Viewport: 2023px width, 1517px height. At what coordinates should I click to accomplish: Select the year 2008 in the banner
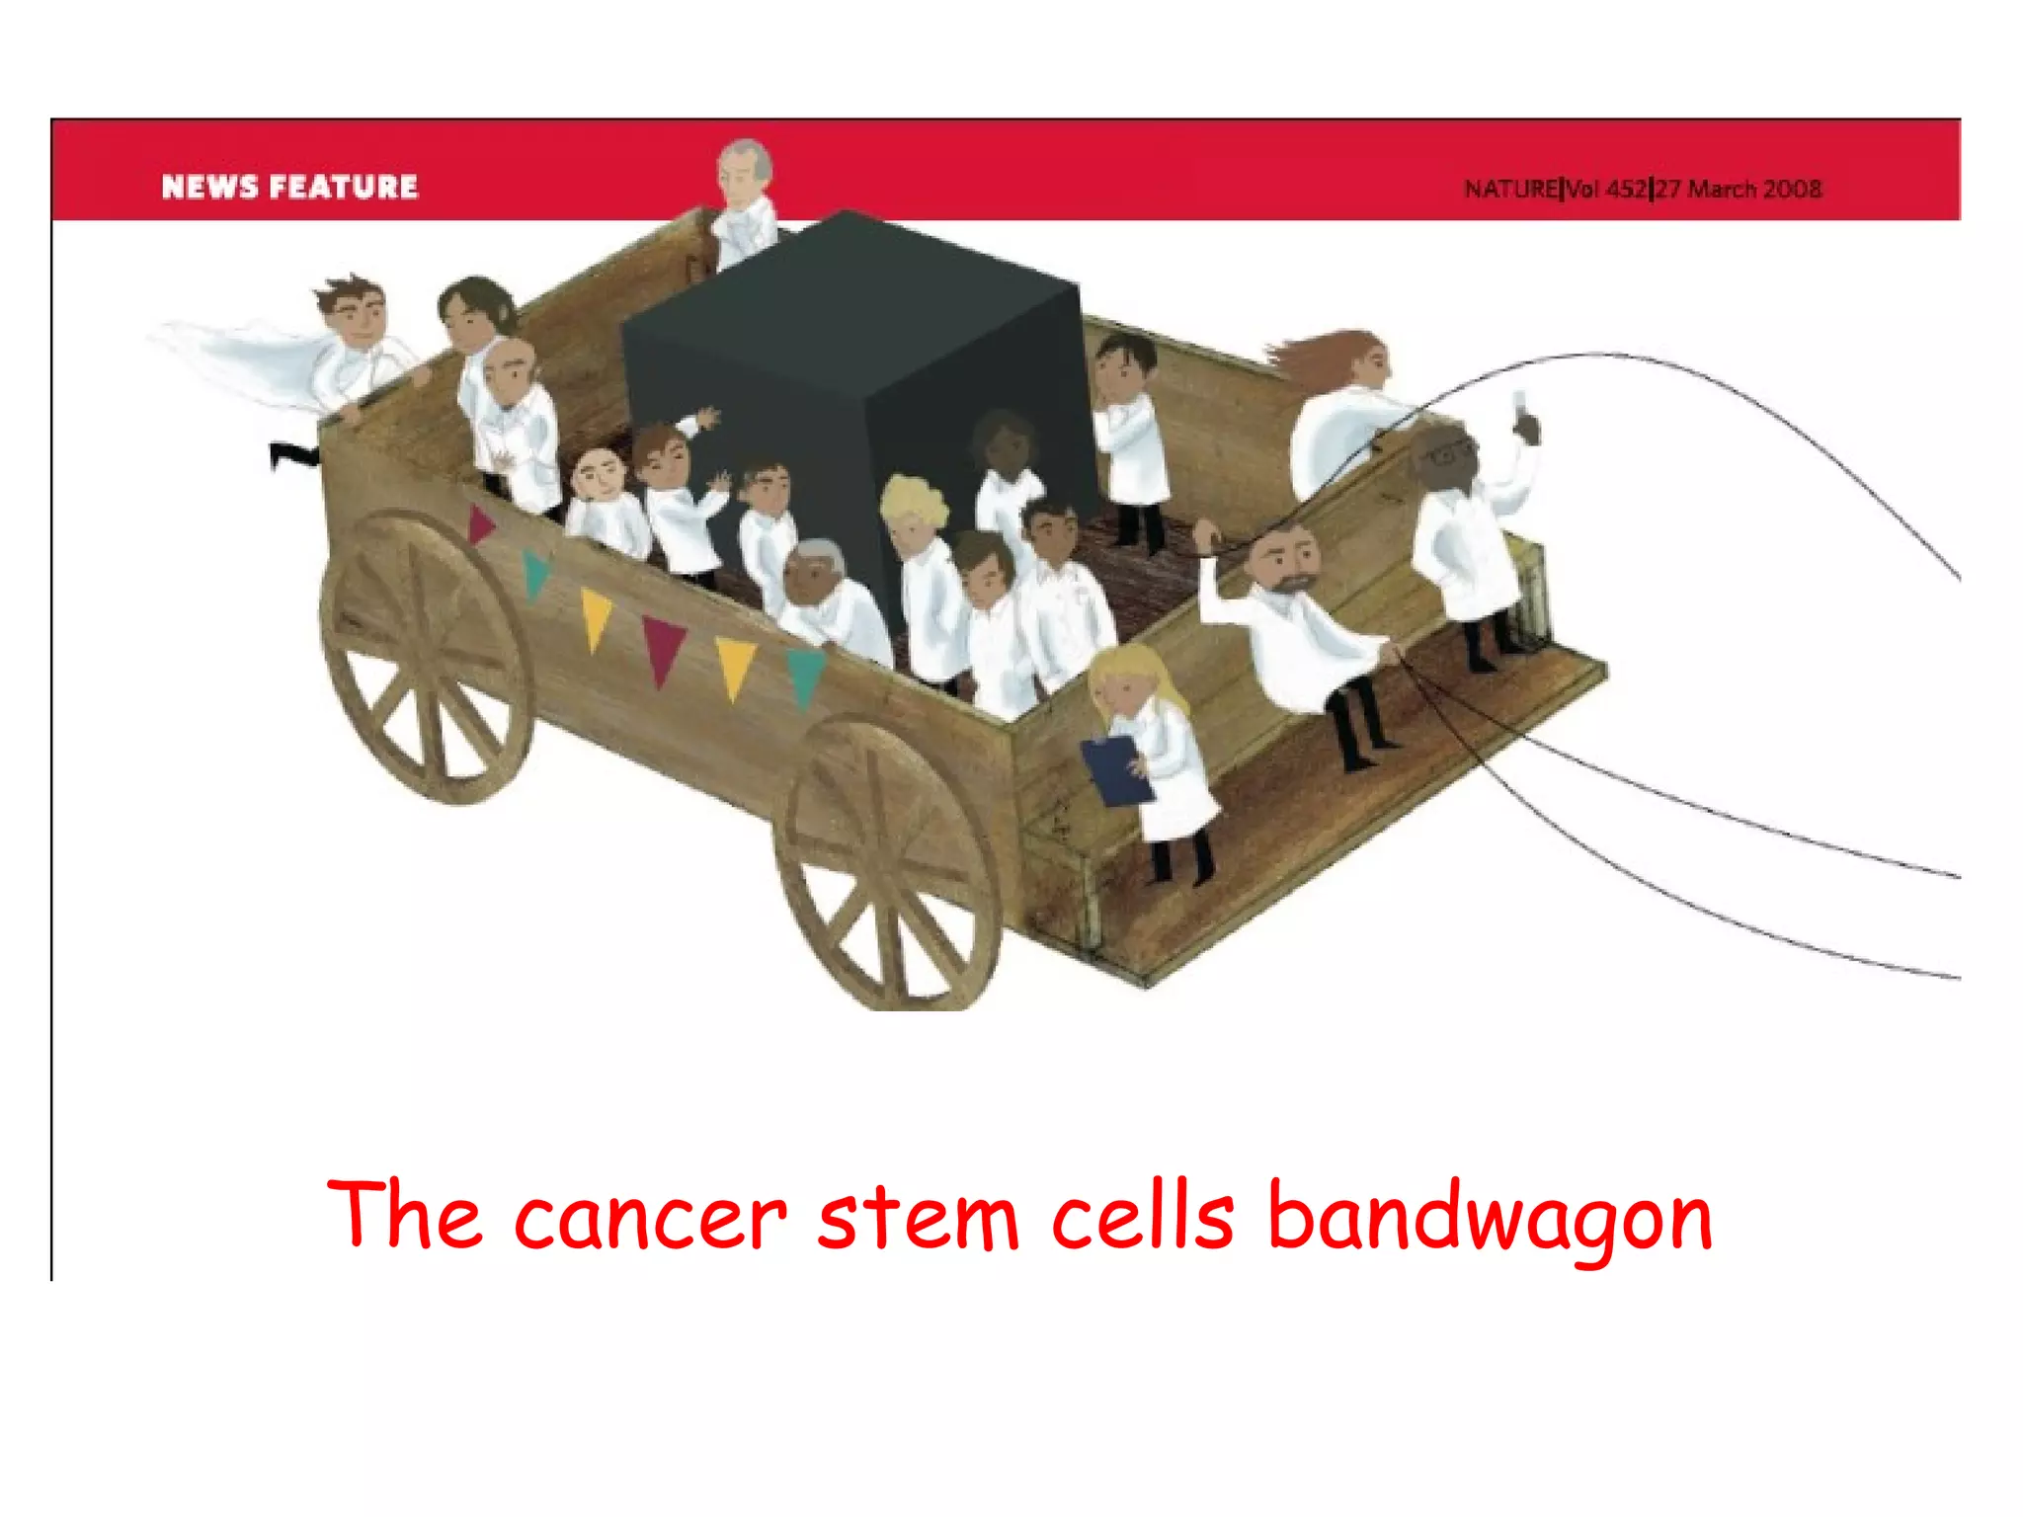tap(1792, 189)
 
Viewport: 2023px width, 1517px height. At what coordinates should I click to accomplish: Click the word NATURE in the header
tap(1510, 189)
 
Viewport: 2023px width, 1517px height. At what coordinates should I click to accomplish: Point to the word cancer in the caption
tap(649, 1217)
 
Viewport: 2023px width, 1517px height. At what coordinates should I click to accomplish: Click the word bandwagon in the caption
tap(1490, 1217)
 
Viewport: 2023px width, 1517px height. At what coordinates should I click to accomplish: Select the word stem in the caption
tap(918, 1217)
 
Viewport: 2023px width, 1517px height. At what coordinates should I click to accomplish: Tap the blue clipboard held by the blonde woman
tap(1115, 770)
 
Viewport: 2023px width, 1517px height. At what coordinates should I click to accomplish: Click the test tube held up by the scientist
tap(1518, 403)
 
